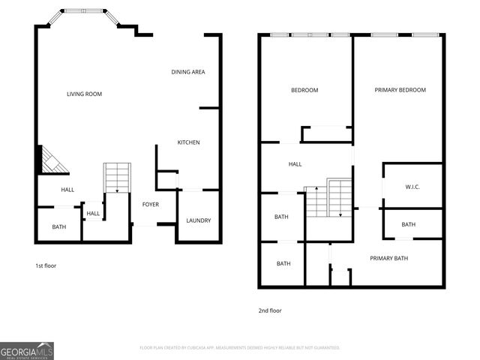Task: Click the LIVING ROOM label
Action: (x=84, y=94)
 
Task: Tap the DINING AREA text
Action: (x=187, y=72)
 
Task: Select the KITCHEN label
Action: (x=188, y=142)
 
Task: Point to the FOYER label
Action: (x=150, y=204)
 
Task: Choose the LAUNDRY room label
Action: (x=199, y=220)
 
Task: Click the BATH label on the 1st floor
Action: (x=58, y=227)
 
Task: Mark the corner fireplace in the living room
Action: (x=51, y=160)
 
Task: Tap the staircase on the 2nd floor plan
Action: (x=328, y=198)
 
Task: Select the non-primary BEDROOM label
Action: (x=304, y=91)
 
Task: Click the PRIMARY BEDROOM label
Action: (x=400, y=90)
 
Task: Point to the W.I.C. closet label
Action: (x=412, y=187)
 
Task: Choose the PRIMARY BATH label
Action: (x=388, y=259)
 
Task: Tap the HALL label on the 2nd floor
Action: (x=295, y=163)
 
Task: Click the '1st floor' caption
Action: (x=46, y=266)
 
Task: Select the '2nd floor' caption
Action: (x=270, y=310)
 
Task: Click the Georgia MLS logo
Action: (x=26, y=350)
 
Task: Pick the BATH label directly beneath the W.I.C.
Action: (x=408, y=224)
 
